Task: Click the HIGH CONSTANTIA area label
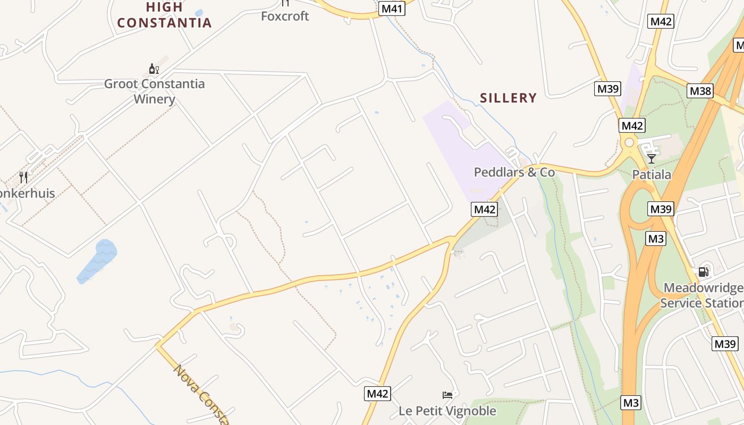(x=164, y=15)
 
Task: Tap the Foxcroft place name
(x=285, y=16)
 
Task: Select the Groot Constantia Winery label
(x=154, y=91)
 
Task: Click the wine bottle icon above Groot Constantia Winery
(x=154, y=69)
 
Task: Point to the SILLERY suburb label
(x=508, y=98)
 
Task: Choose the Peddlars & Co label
(x=514, y=172)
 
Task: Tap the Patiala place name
(x=652, y=175)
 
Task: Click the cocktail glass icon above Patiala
(x=652, y=158)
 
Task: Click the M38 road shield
(x=700, y=91)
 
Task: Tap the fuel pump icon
(x=703, y=272)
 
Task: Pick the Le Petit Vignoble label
(x=447, y=411)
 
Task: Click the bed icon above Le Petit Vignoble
(x=447, y=395)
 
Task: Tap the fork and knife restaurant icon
(x=23, y=177)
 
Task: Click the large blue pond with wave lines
(x=97, y=261)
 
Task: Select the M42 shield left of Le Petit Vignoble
(x=378, y=394)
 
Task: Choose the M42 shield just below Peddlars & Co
(x=484, y=209)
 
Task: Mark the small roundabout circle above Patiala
(x=630, y=142)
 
